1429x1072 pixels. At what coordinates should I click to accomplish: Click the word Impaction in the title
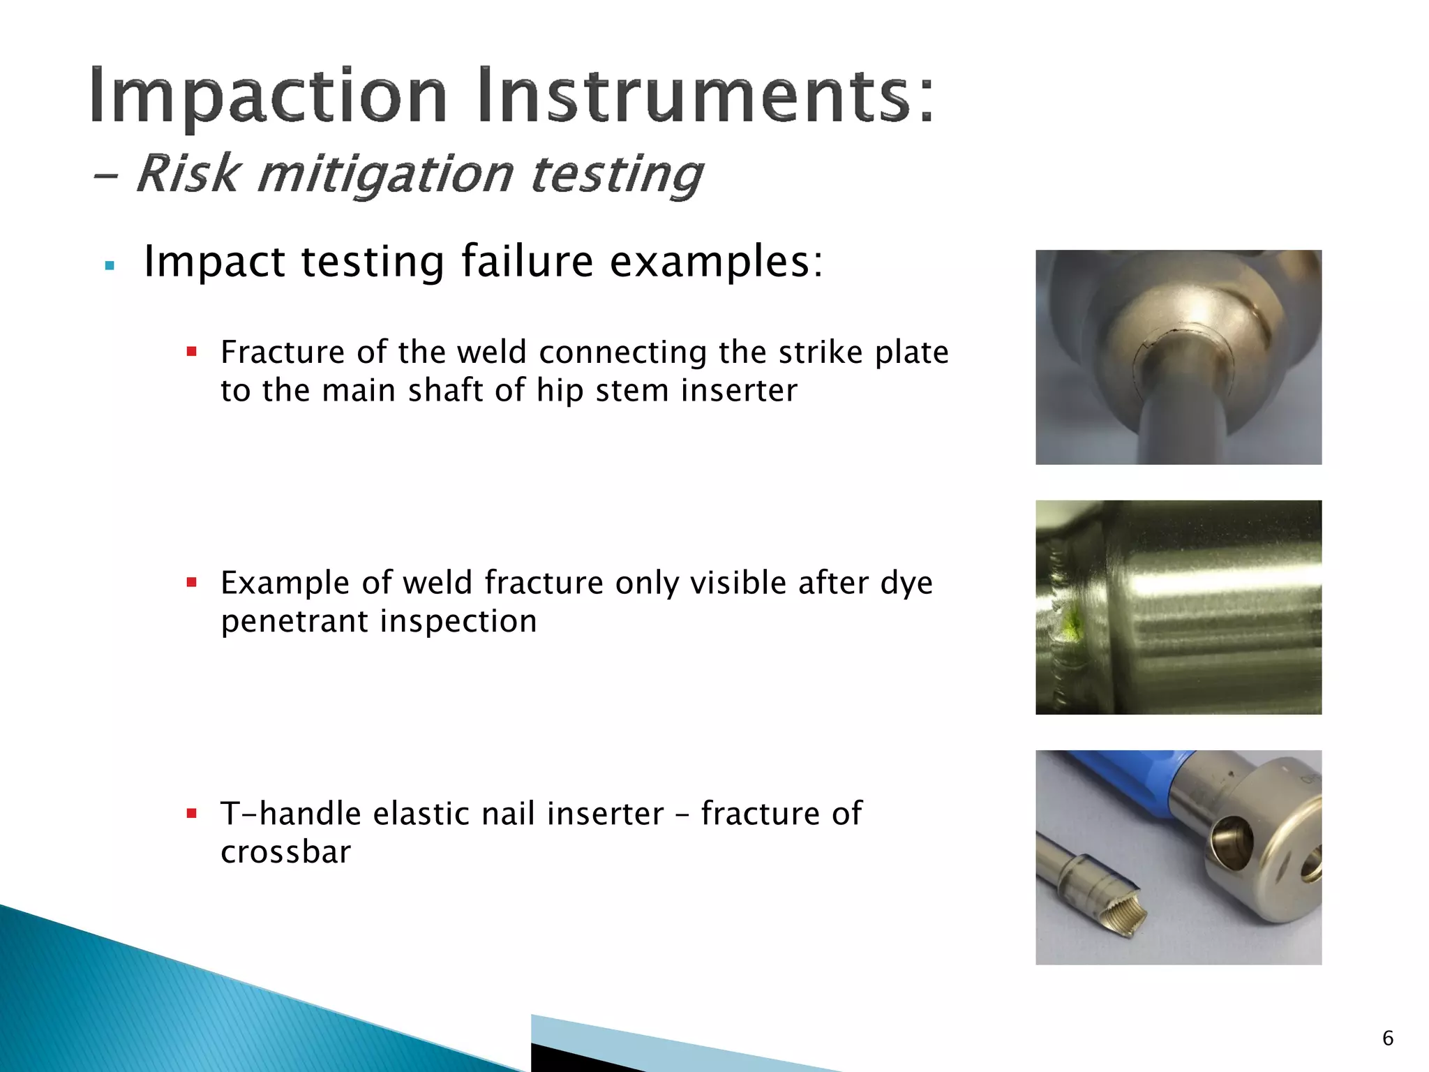coord(268,96)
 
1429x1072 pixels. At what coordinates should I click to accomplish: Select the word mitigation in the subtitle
coord(385,174)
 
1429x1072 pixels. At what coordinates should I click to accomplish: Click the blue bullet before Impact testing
coord(109,266)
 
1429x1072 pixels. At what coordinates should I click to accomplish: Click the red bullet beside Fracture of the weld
coord(192,351)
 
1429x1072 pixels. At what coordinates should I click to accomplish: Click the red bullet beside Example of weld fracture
coord(192,581)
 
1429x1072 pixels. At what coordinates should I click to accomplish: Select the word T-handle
coord(291,814)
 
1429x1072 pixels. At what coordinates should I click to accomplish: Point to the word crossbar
coord(285,852)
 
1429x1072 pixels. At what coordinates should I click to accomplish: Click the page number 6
coord(1387,1038)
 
